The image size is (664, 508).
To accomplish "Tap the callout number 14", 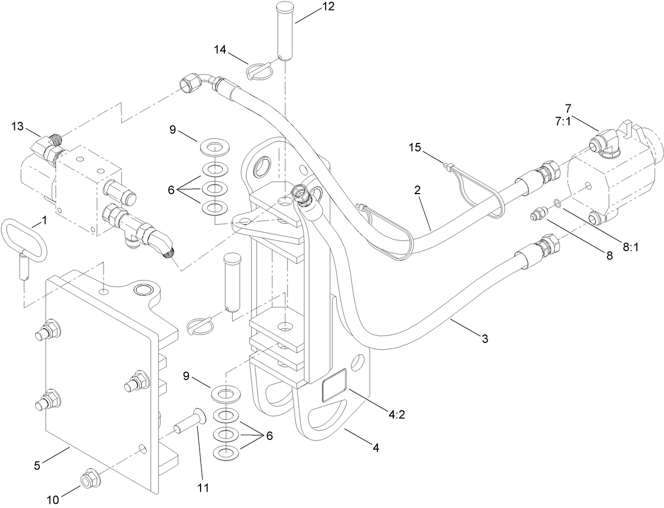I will tap(221, 50).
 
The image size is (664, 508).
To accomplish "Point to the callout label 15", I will tap(415, 147).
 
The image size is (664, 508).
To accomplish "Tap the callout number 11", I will tap(202, 488).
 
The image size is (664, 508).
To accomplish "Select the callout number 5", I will tap(37, 465).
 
